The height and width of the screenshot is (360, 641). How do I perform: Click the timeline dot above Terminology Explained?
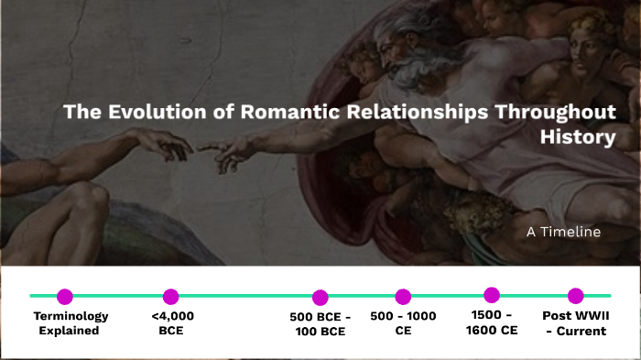tap(64, 296)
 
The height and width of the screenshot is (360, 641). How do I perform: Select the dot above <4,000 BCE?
tap(170, 296)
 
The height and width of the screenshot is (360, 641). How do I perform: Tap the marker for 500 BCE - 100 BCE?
tap(320, 297)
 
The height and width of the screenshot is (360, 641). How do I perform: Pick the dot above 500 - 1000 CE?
tap(403, 296)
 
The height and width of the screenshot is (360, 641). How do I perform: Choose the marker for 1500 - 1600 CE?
tap(492, 295)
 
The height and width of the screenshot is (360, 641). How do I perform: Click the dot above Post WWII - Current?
tap(575, 295)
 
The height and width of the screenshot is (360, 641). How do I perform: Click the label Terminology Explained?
tap(70, 323)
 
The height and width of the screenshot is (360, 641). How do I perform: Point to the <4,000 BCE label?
tap(172, 323)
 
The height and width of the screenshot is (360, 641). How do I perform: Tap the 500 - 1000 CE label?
tap(404, 323)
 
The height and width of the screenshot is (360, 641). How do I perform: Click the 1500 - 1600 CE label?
tap(494, 323)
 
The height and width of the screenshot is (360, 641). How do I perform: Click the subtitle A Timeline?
tap(563, 232)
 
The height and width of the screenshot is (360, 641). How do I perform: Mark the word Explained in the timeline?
tap(69, 331)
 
